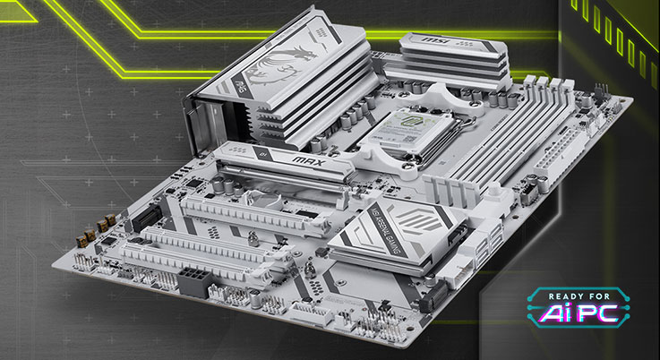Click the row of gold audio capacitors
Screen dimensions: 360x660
click(x=92, y=230)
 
